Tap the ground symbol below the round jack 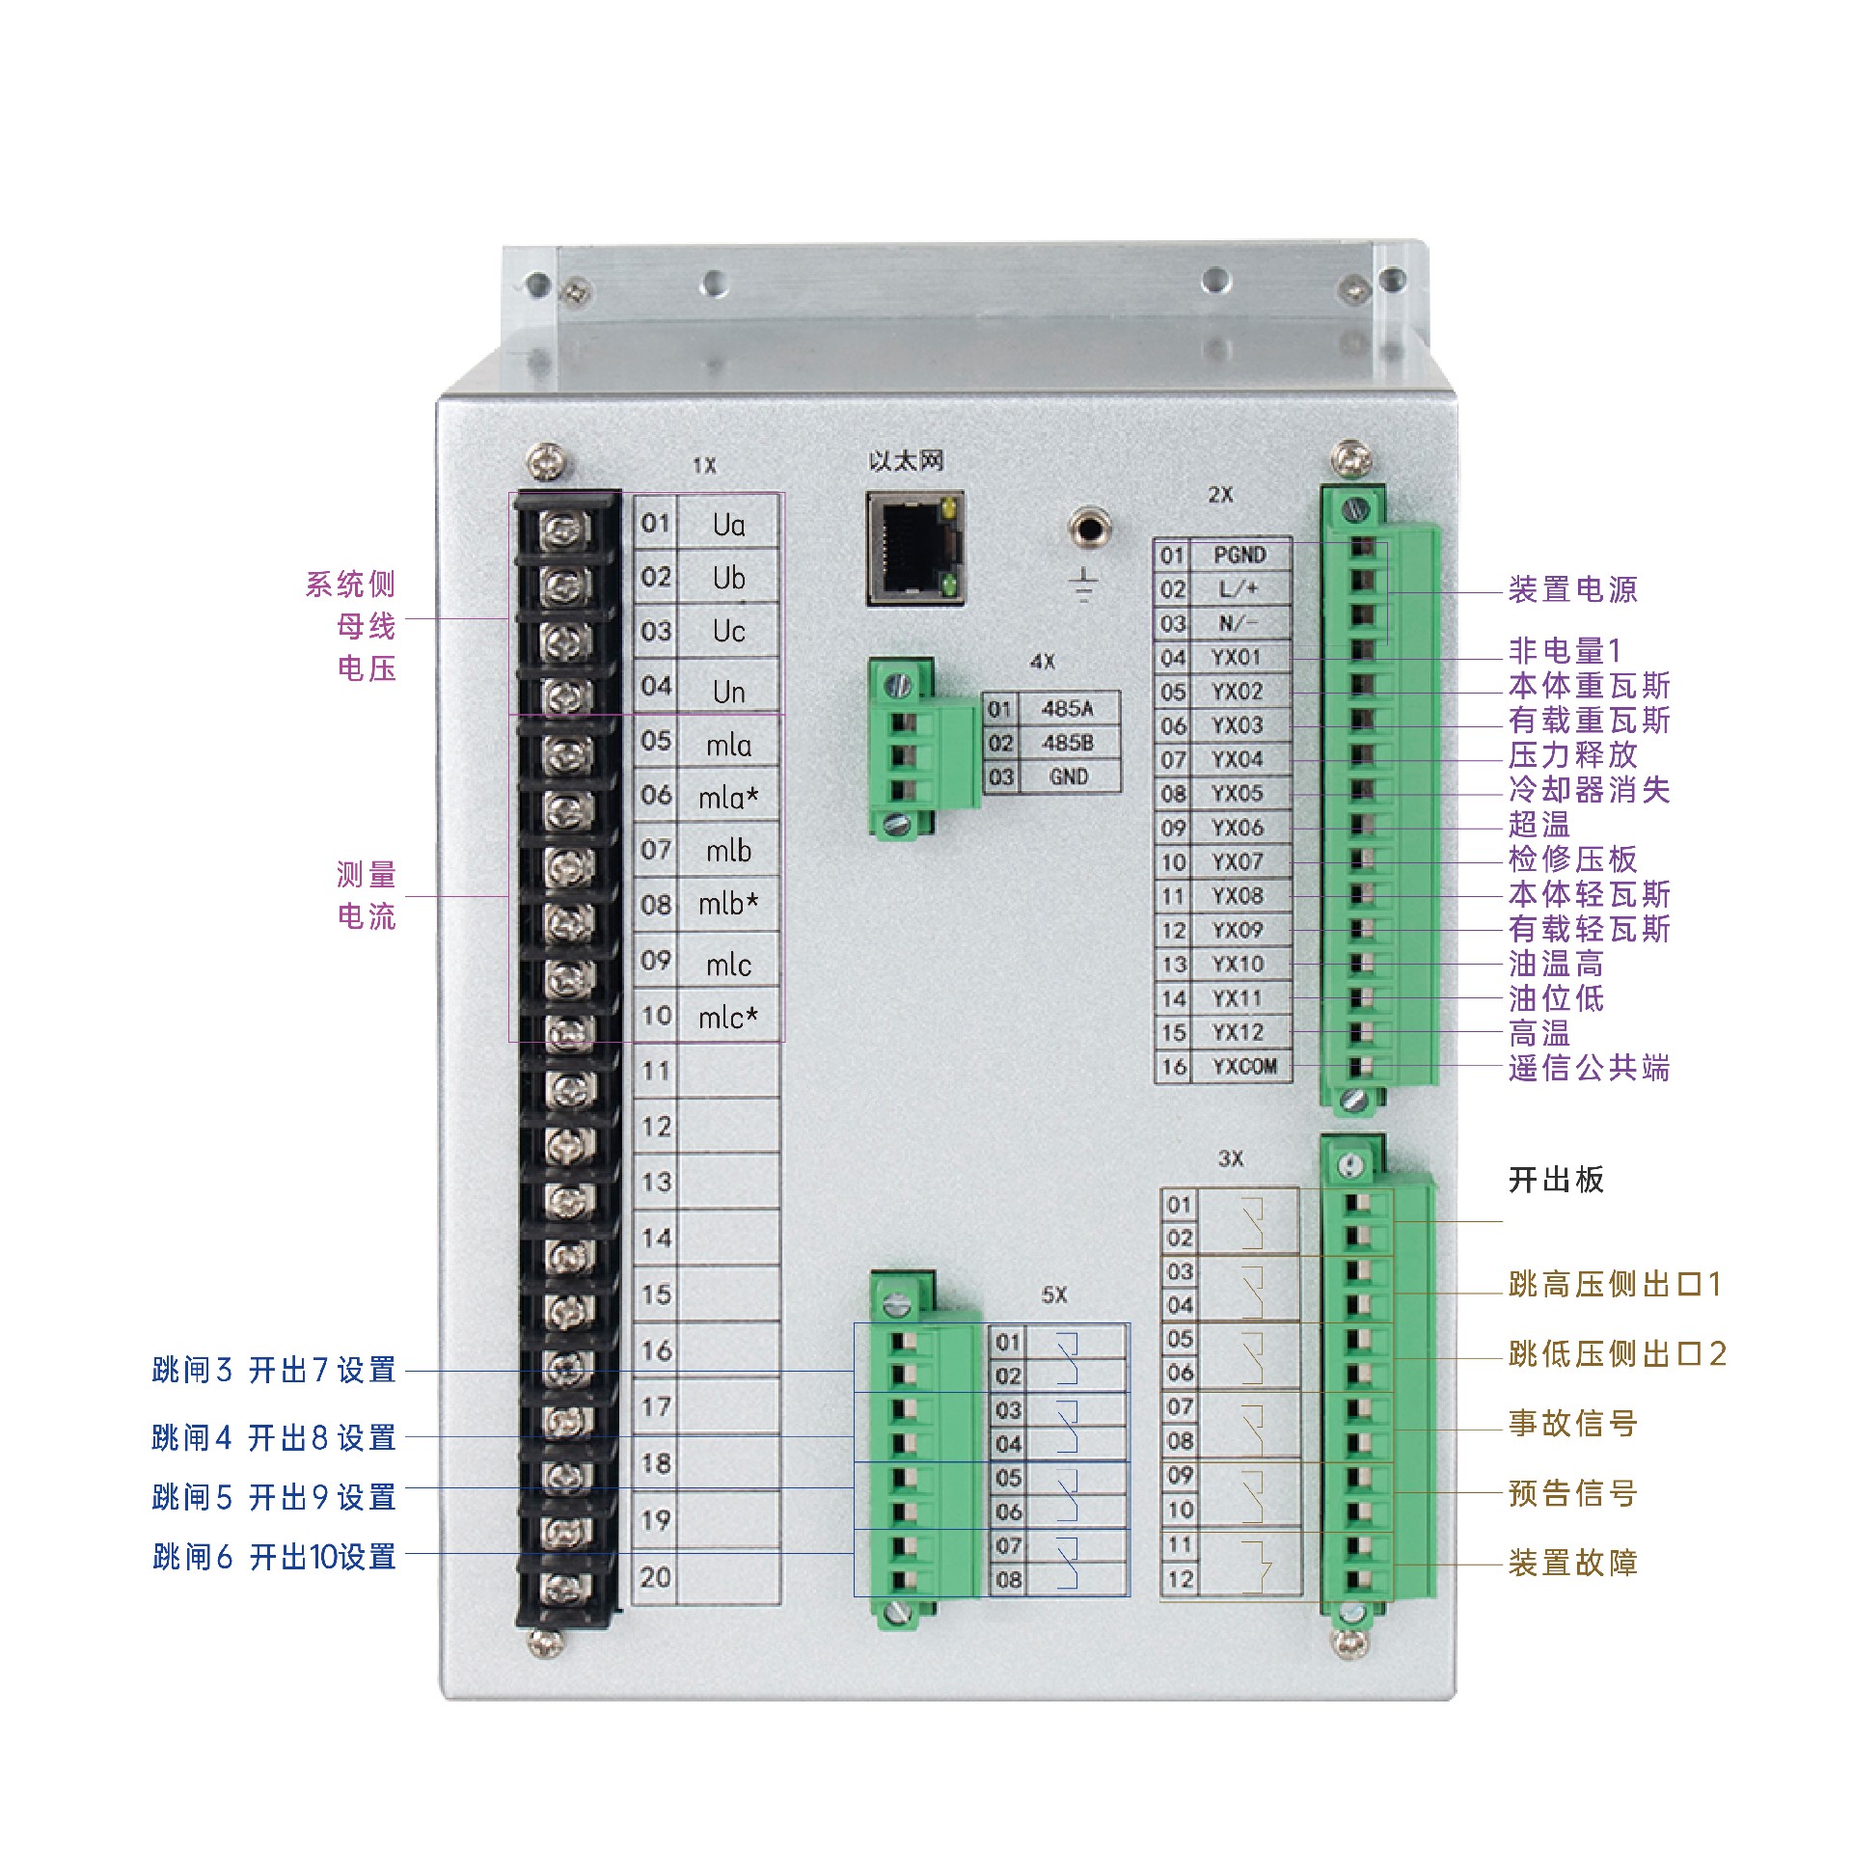(x=1085, y=585)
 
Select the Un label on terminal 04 (x=728, y=692)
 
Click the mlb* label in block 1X (x=728, y=904)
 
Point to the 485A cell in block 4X (x=1067, y=709)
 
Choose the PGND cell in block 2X (x=1239, y=556)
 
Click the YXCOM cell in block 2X (x=1244, y=1067)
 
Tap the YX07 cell (x=1237, y=861)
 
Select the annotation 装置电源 (x=1572, y=589)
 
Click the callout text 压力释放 (x=1572, y=754)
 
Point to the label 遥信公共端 (x=1589, y=1068)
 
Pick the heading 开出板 (x=1556, y=1180)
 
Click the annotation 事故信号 (x=1572, y=1423)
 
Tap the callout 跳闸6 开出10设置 (x=274, y=1556)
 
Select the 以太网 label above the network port (x=906, y=461)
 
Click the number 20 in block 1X (x=655, y=1577)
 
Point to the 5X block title (x=1054, y=1295)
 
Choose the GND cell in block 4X (x=1068, y=776)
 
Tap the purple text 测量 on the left (x=367, y=875)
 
